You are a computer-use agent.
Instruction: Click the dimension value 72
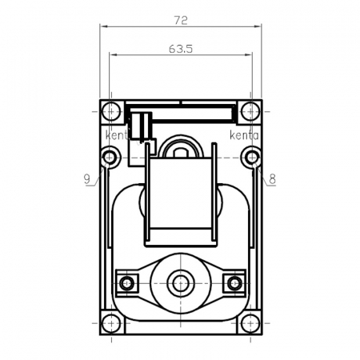(181, 17)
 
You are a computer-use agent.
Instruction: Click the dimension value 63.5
(181, 48)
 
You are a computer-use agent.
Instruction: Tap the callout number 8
(272, 180)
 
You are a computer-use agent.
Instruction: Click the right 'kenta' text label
(243, 135)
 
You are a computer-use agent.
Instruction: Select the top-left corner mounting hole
(111, 110)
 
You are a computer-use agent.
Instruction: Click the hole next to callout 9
(110, 157)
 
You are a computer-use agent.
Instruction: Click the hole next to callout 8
(252, 157)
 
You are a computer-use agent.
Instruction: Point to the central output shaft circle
(180, 282)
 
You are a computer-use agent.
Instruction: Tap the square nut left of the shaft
(126, 282)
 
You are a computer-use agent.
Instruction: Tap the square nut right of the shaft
(234, 282)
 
